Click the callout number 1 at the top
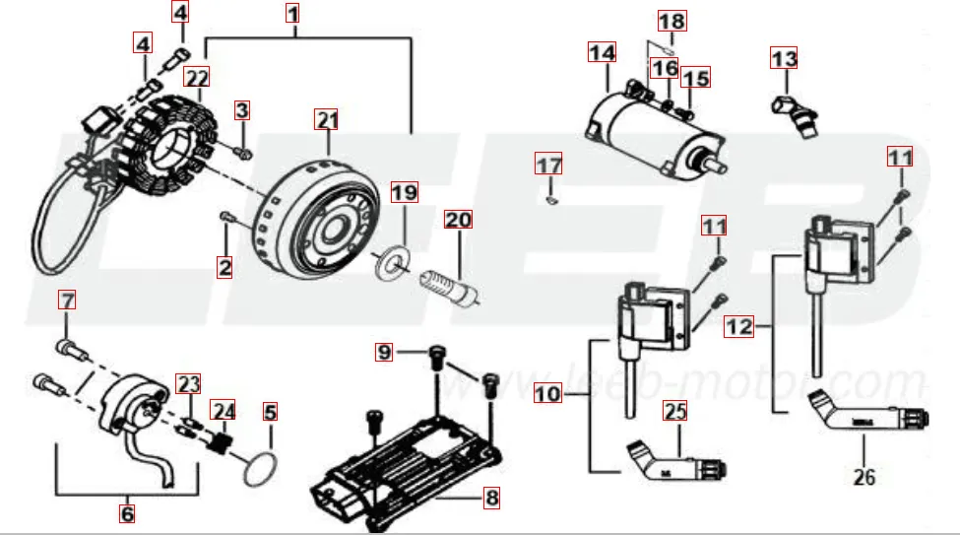(x=292, y=14)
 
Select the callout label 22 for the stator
(x=198, y=76)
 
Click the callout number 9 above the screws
(x=385, y=352)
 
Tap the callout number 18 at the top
(x=672, y=20)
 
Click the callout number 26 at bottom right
(x=864, y=478)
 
